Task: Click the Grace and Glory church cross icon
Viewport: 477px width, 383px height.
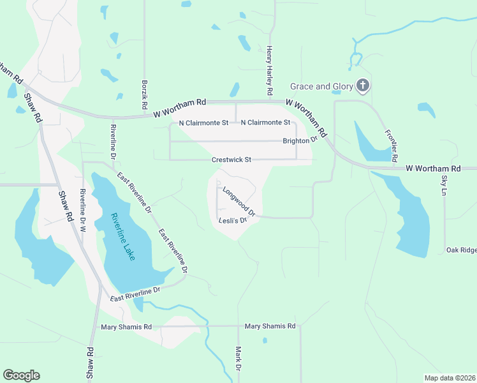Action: click(x=362, y=86)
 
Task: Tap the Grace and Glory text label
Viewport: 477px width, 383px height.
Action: click(x=321, y=86)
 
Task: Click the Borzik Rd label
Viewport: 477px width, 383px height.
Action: click(x=145, y=93)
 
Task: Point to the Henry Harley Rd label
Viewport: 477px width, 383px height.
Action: click(x=270, y=71)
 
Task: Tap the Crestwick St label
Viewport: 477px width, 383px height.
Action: click(x=231, y=160)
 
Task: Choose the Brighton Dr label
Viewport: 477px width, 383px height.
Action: click(x=300, y=140)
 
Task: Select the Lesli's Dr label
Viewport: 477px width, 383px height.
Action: click(x=232, y=221)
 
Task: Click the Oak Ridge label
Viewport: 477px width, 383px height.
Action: click(x=461, y=250)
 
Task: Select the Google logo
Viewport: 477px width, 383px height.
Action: click(x=21, y=375)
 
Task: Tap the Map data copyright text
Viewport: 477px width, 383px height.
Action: click(x=450, y=378)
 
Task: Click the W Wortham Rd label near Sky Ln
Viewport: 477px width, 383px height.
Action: click(x=433, y=168)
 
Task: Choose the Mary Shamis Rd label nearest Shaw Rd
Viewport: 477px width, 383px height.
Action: click(x=126, y=327)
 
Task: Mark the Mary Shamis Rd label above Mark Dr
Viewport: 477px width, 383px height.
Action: click(x=270, y=326)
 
